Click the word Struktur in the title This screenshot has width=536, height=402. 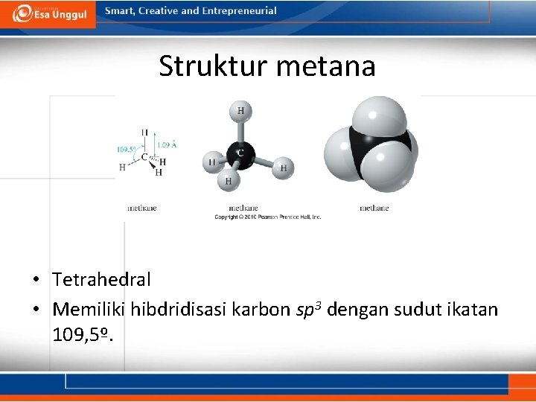pyautogui.click(x=213, y=67)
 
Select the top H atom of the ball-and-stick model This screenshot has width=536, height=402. pyautogui.click(x=240, y=112)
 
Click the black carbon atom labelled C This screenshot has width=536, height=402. pyautogui.click(x=240, y=153)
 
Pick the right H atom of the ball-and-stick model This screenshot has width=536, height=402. pyautogui.click(x=283, y=168)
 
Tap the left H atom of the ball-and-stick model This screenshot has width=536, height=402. pyautogui.click(x=212, y=162)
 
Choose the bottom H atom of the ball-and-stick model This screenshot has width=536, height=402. pyautogui.click(x=229, y=180)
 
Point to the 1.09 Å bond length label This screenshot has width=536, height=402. pyautogui.click(x=167, y=144)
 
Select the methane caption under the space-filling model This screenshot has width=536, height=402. pyautogui.click(x=374, y=208)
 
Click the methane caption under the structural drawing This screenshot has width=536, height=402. pyautogui.click(x=141, y=208)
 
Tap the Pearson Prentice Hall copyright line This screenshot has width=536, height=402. pyautogui.click(x=268, y=217)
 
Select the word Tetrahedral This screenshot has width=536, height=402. pyautogui.click(x=101, y=280)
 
